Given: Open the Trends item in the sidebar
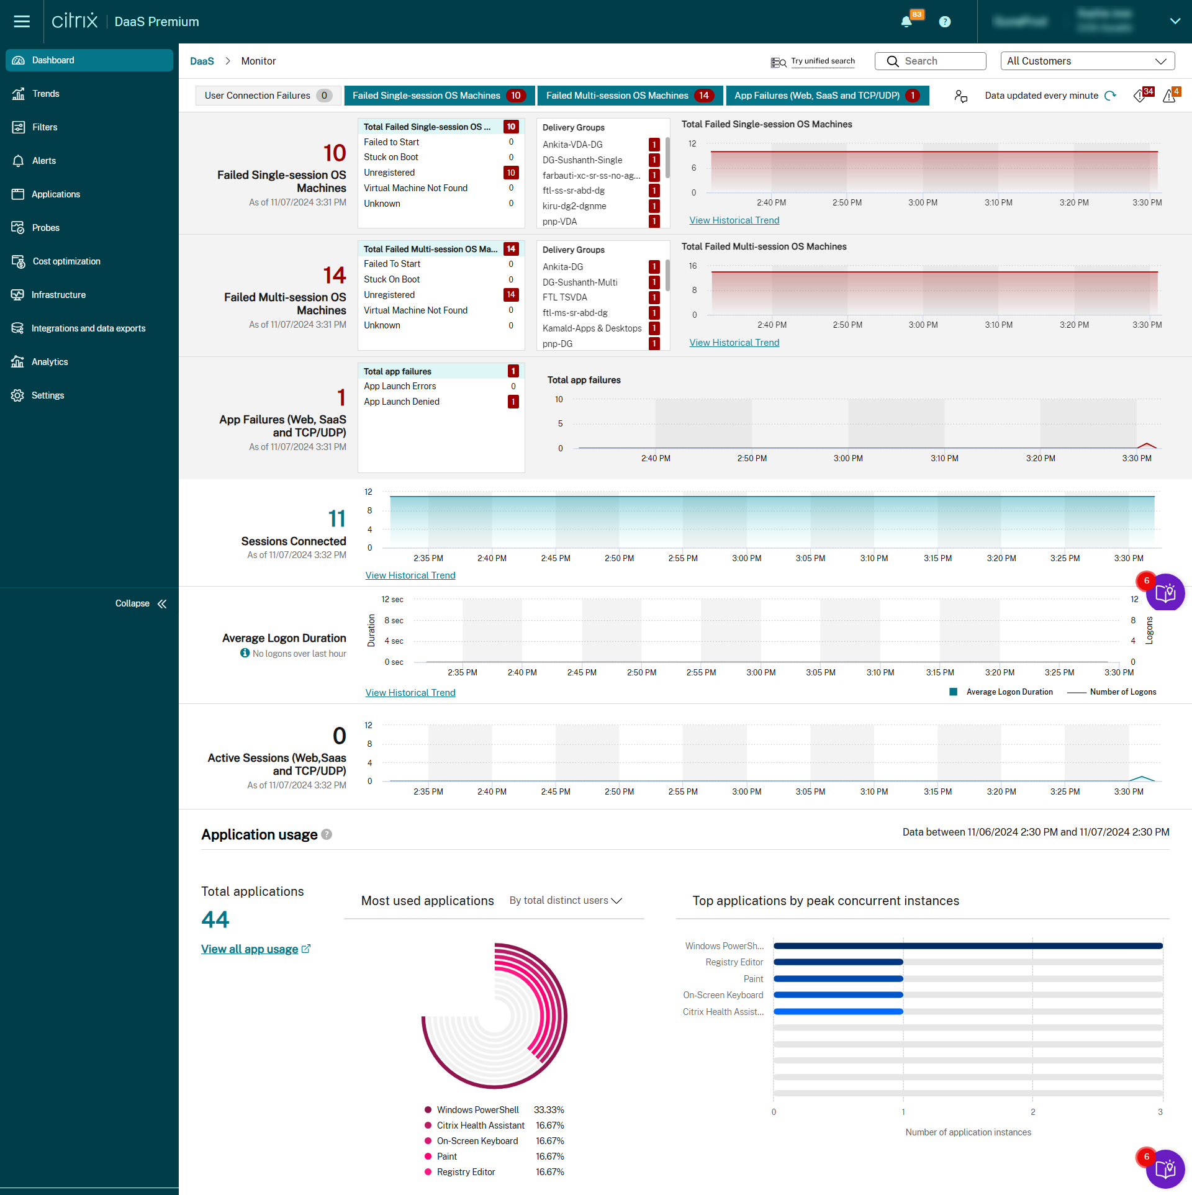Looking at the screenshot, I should [45, 94].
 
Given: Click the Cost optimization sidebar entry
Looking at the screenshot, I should [66, 261].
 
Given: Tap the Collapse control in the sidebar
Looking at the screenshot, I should [141, 603].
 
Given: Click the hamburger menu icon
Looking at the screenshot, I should [22, 22].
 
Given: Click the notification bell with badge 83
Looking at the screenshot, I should [906, 22].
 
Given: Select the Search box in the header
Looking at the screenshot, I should [930, 61].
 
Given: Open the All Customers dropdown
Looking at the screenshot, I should [1087, 61].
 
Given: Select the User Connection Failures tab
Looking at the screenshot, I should [268, 96].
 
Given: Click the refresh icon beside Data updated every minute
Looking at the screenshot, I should [1110, 96].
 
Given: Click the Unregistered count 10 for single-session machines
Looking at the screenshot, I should [510, 173].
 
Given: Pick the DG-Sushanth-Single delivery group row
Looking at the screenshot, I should [582, 160].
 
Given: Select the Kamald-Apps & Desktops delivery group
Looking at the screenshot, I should [592, 328].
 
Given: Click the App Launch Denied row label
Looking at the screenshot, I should [402, 402].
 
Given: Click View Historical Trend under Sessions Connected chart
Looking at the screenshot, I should [410, 575].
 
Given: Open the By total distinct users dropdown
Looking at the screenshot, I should [566, 901].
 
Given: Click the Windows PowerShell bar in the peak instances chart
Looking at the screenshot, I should [967, 946].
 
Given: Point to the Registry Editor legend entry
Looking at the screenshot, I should [466, 1172].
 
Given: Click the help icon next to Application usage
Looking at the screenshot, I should [327, 835].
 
